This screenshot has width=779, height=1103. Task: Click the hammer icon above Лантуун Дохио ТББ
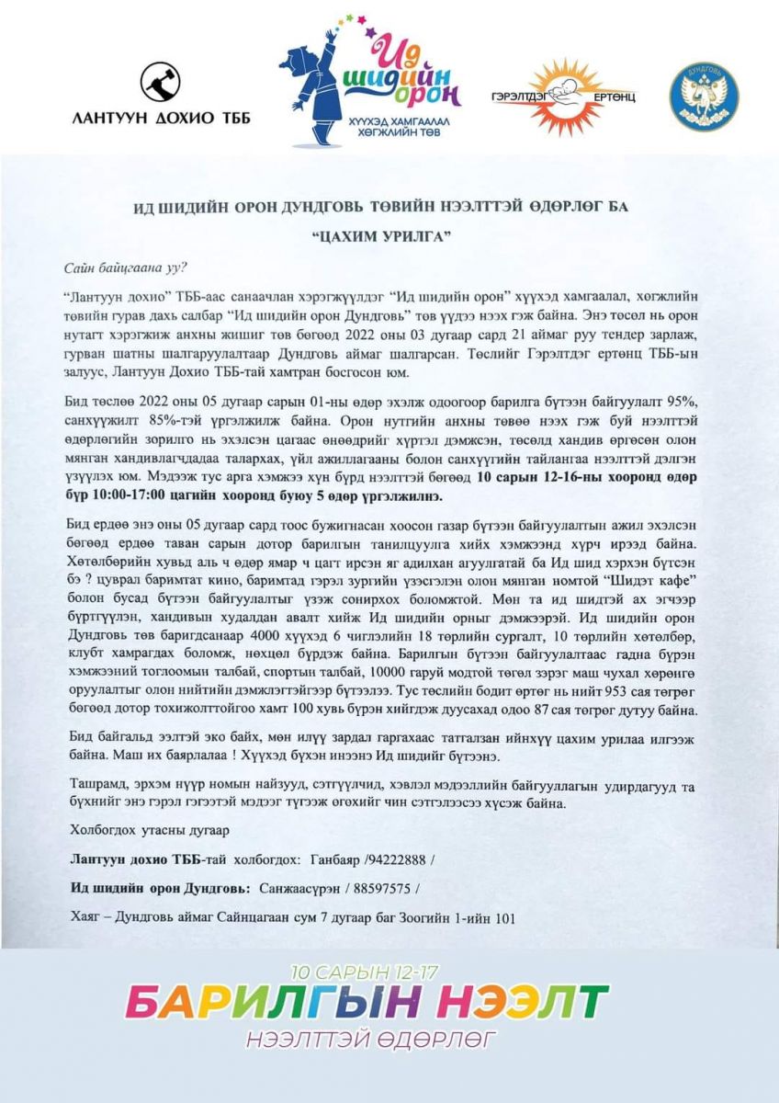pyautogui.click(x=160, y=82)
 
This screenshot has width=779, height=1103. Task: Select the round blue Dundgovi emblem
pyautogui.click(x=704, y=95)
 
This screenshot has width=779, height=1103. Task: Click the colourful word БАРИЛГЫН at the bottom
pyautogui.click(x=275, y=1000)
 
